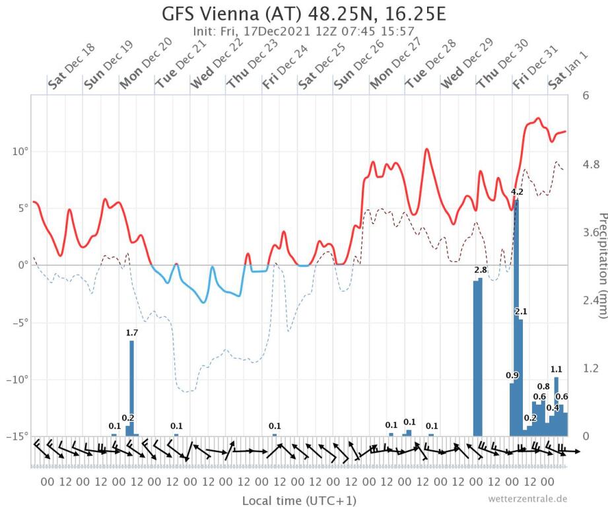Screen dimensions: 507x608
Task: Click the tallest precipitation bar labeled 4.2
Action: [x=517, y=317]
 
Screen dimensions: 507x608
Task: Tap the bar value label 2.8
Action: [x=481, y=271]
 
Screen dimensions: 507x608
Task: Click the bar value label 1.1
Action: [x=557, y=369]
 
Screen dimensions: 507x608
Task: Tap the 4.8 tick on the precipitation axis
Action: [x=589, y=164]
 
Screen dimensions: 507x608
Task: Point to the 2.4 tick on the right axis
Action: [x=589, y=300]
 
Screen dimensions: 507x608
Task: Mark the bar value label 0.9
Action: [x=512, y=376]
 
